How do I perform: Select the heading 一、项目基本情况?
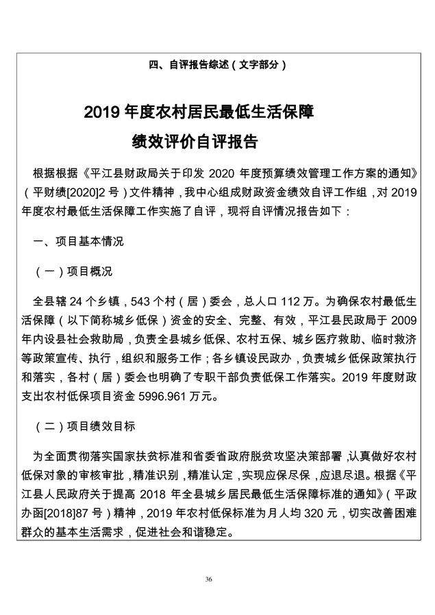pyautogui.click(x=79, y=241)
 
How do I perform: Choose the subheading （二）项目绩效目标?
pyautogui.click(x=85, y=425)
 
